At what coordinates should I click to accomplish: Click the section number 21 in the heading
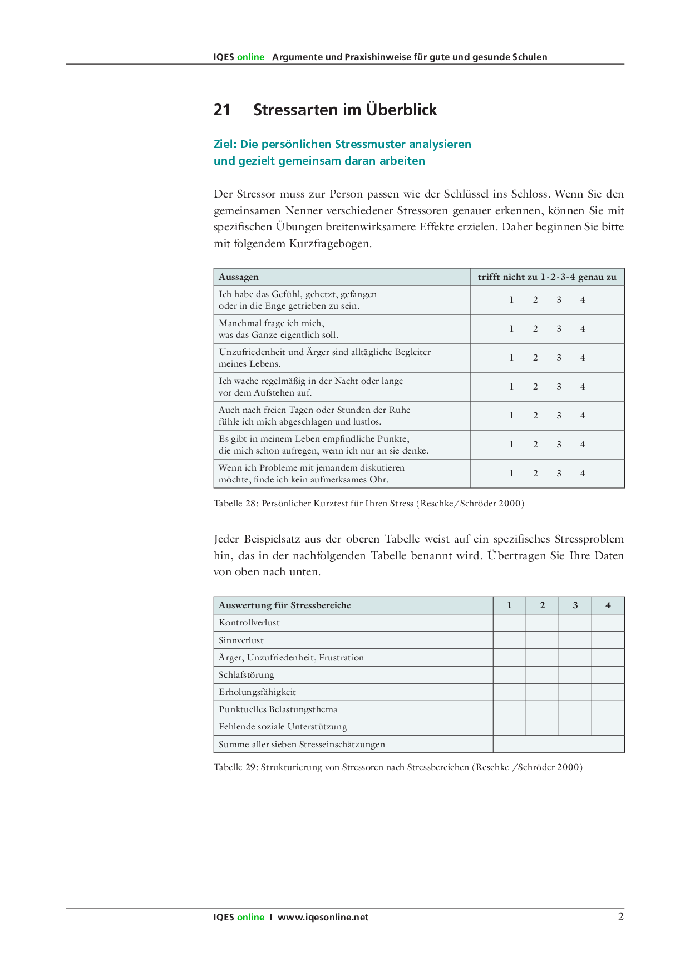coord(221,110)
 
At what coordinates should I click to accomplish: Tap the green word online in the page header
coord(250,57)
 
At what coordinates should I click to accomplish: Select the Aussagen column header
coord(239,277)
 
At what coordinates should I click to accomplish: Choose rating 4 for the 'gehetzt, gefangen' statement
coord(583,300)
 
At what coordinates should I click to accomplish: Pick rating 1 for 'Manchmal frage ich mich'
coord(511,329)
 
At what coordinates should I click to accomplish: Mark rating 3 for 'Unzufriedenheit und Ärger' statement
coord(559,358)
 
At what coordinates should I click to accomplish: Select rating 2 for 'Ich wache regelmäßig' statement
coord(535,387)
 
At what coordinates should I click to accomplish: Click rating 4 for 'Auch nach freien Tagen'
coord(583,416)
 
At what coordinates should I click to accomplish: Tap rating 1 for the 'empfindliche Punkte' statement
coord(511,445)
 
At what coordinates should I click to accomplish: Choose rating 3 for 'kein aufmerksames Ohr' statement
coord(559,474)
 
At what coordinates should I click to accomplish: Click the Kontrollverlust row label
coord(249,623)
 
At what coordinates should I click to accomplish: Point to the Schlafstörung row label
coord(247,675)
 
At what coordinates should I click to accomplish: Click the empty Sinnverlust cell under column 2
coord(542,640)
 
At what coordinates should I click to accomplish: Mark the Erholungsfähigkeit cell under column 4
coord(608,692)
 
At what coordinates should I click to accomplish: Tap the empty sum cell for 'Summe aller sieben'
coord(558,745)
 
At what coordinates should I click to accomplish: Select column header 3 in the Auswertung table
coord(575,605)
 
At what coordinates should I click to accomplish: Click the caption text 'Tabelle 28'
coord(235,504)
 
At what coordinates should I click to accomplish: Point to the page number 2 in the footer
coord(620,917)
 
